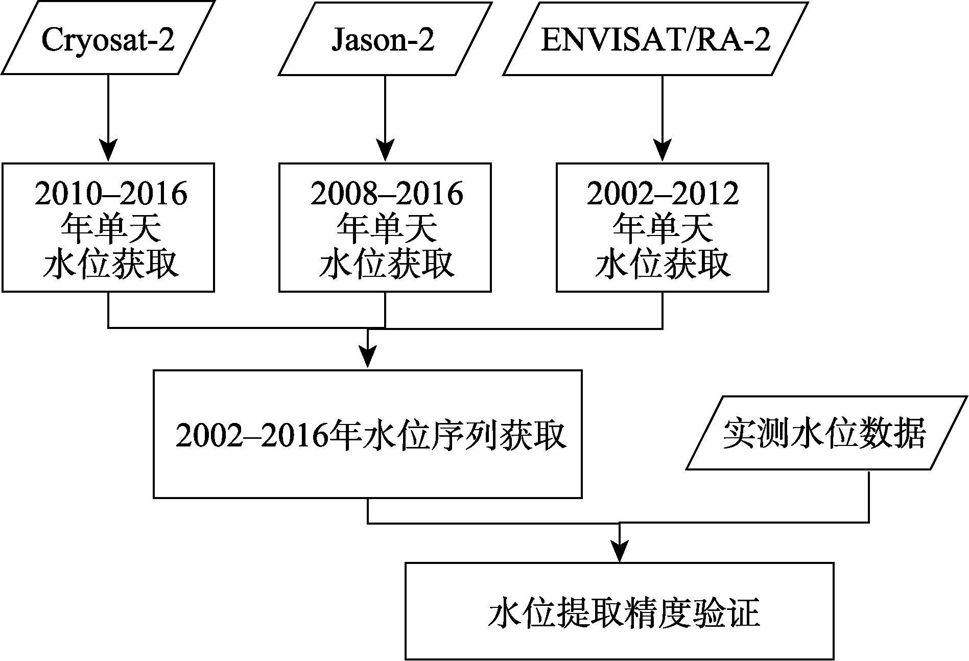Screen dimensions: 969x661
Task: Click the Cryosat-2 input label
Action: [x=108, y=39]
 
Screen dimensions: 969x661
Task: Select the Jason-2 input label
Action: [x=383, y=39]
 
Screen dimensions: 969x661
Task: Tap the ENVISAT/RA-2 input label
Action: [x=655, y=39]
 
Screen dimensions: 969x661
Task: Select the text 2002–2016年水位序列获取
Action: [x=371, y=436]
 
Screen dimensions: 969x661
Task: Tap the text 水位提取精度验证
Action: [x=624, y=613]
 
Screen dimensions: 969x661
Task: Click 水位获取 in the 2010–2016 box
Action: [x=111, y=264]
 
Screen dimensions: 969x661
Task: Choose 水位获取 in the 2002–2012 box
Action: [x=663, y=264]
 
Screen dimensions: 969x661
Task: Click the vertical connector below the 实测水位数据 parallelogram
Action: [x=869, y=496]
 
